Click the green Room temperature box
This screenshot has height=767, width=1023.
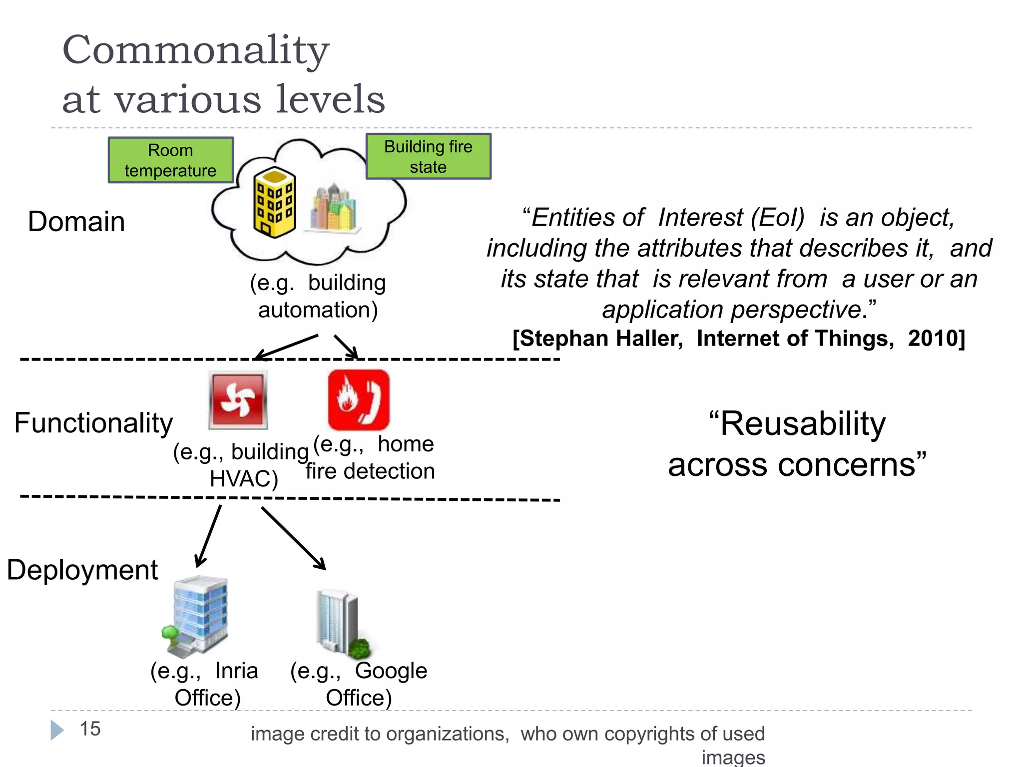170,160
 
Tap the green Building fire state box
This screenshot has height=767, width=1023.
428,156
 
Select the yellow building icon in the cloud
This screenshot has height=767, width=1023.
274,202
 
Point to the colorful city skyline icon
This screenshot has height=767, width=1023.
334,208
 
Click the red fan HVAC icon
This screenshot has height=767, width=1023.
238,399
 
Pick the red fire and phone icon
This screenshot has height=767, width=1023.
358,399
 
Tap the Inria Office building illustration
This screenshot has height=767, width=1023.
196,616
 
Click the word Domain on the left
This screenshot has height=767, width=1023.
76,222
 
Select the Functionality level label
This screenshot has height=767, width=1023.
93,423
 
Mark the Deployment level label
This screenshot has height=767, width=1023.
82,570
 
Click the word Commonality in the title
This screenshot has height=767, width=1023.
195,50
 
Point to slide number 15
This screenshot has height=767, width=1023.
90,729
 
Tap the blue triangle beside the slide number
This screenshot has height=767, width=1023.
57,730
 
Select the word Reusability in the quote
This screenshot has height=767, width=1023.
797,424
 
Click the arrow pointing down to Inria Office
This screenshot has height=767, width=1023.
209,536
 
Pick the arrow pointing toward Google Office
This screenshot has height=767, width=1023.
293,538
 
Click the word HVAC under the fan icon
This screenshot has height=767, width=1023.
243,479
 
